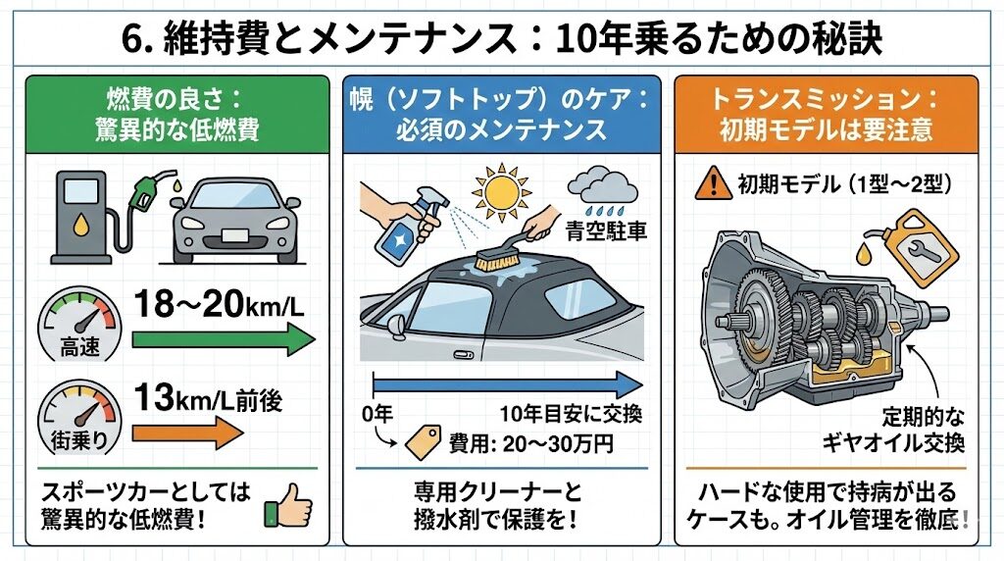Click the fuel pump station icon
pos(82,217)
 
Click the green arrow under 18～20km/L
pos(224,338)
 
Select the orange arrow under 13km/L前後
pos(187,433)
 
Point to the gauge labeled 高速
pos(79,324)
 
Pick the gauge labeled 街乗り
pos(79,416)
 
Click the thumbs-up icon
pos(288,505)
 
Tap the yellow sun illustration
pos(501,191)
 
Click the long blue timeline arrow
pos(508,384)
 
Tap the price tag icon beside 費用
pos(424,442)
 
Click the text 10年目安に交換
pos(571,414)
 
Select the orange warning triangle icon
pos(713,183)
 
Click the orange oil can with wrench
pos(915,250)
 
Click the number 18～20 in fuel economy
pos(188,304)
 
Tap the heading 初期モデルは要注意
pos(826,130)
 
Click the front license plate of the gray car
pos(234,236)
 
